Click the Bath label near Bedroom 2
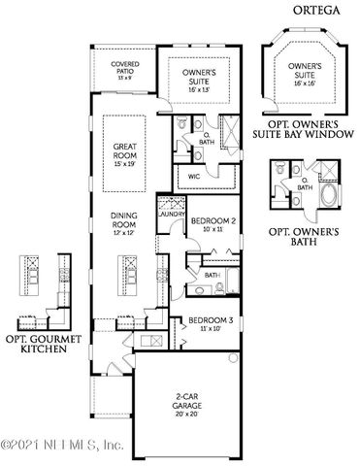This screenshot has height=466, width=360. click(213, 276)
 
